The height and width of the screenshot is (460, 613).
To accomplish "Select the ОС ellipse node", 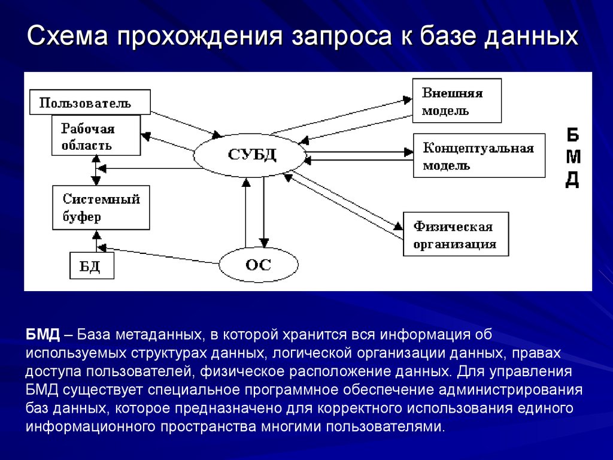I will pyautogui.click(x=258, y=264).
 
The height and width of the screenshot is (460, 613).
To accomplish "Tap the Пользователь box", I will pyautogui.click(x=90, y=102).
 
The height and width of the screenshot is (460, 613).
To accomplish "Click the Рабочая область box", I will pyautogui.click(x=96, y=136).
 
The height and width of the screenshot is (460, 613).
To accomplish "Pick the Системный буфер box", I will pyautogui.click(x=101, y=207).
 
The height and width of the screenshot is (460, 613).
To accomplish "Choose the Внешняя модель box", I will pyautogui.click(x=457, y=101).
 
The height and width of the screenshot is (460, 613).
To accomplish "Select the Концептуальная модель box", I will pyautogui.click(x=479, y=155).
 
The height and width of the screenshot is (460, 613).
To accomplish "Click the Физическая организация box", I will pyautogui.click(x=456, y=234).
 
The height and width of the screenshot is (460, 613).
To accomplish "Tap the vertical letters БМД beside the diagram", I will pyautogui.click(x=573, y=157).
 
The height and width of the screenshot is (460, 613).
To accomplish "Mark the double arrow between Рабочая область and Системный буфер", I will pyautogui.click(x=95, y=170).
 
